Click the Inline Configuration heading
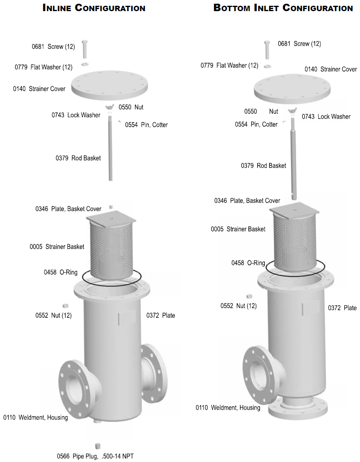94,8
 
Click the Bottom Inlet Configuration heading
283,8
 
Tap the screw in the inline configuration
85,49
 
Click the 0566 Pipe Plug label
95,456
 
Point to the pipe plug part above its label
98,446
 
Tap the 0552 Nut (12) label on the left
54,315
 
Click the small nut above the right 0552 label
249,296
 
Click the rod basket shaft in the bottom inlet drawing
293,165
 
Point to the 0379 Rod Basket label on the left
78,158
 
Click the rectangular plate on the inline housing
127,318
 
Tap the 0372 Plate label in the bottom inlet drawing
342,308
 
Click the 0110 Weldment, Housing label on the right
228,408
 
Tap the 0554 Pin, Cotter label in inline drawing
146,124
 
